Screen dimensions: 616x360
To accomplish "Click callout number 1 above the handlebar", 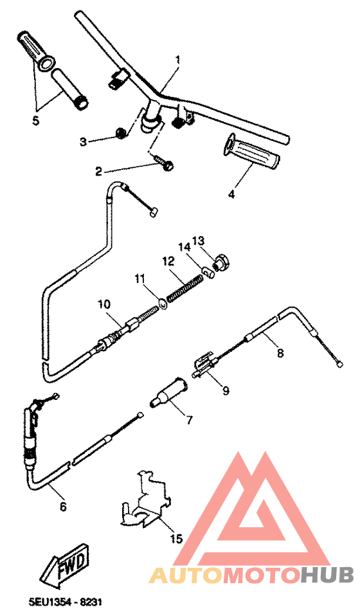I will [x=178, y=60].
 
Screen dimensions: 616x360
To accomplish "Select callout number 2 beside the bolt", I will [x=98, y=171].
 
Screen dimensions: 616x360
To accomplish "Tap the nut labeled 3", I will [x=120, y=133].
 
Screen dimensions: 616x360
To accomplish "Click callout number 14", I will [x=183, y=247].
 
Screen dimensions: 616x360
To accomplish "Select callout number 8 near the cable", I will [x=280, y=352].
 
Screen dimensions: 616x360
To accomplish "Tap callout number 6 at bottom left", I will [x=62, y=506].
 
